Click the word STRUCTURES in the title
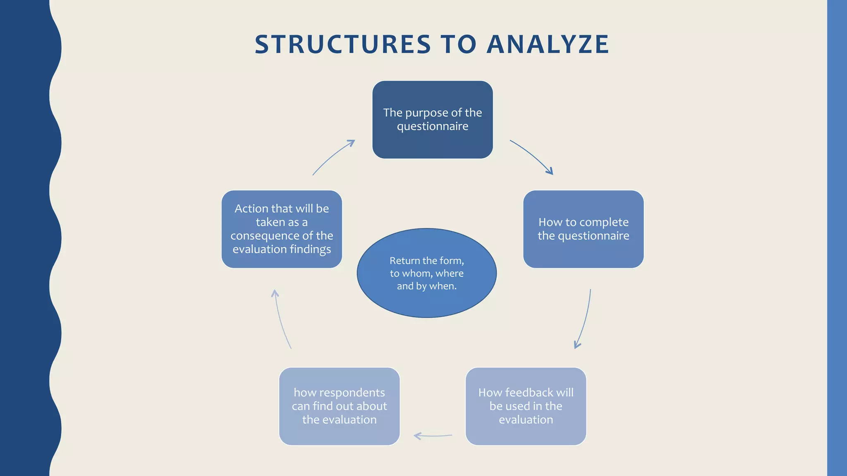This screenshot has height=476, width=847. pos(343,44)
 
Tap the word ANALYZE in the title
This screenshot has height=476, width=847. pos(548,44)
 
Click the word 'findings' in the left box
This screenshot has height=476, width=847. pos(310,249)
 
